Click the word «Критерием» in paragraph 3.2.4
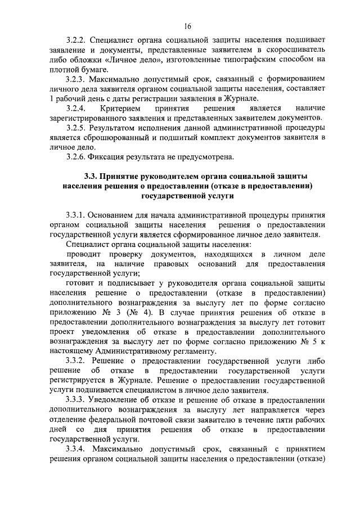119,106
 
